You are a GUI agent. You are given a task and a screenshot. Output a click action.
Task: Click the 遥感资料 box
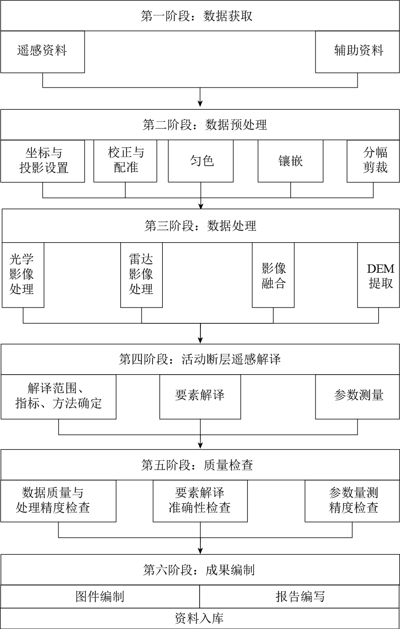point(43,52)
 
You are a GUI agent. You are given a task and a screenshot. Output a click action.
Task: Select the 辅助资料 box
point(358,52)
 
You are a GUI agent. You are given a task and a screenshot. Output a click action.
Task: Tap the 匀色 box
point(200,161)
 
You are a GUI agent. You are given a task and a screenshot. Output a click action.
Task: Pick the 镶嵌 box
point(290,161)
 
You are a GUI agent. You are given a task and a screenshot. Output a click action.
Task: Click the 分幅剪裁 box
point(373,161)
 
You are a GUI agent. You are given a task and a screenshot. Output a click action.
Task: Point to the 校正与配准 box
point(125,161)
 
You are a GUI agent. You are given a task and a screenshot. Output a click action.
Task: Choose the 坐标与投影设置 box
point(43,161)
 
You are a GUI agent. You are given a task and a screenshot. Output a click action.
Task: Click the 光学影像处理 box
point(23,275)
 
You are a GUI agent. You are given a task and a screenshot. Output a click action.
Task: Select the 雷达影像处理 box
point(141,275)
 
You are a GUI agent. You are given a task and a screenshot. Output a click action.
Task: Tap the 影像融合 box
point(273,275)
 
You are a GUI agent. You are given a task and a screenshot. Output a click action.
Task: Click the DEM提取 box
point(379,275)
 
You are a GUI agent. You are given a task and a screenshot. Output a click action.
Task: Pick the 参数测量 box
point(358,396)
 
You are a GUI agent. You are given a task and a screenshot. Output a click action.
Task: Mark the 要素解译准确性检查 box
point(200,501)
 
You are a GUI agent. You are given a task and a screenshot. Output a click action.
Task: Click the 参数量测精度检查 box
point(352,501)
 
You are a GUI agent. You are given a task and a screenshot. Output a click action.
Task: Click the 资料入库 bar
point(200,618)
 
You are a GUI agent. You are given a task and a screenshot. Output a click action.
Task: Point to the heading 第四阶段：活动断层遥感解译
point(200,359)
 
